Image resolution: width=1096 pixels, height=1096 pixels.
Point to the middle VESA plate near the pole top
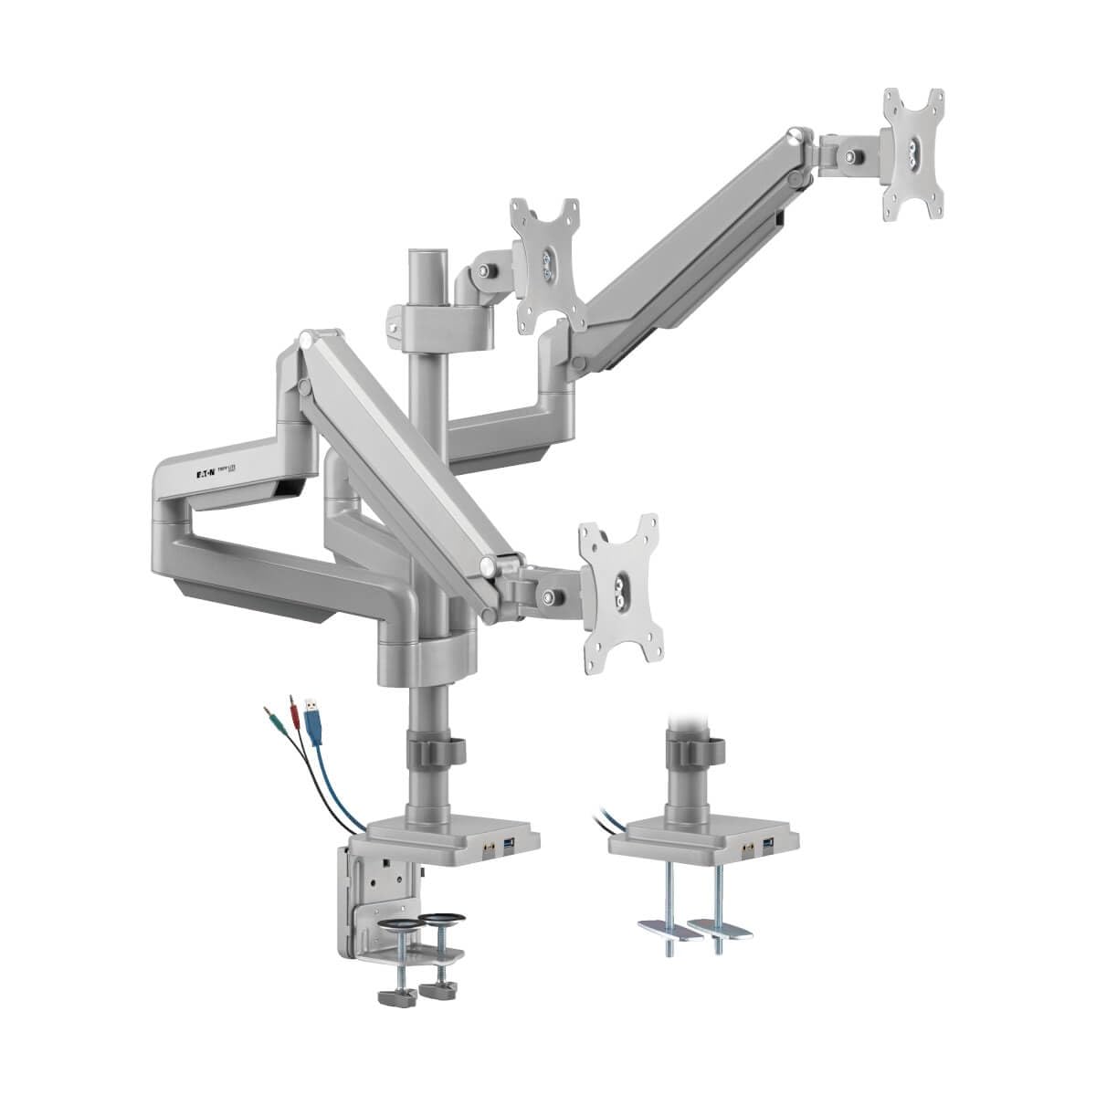click(x=547, y=265)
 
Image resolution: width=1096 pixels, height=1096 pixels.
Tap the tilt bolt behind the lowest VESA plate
click(x=551, y=596)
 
